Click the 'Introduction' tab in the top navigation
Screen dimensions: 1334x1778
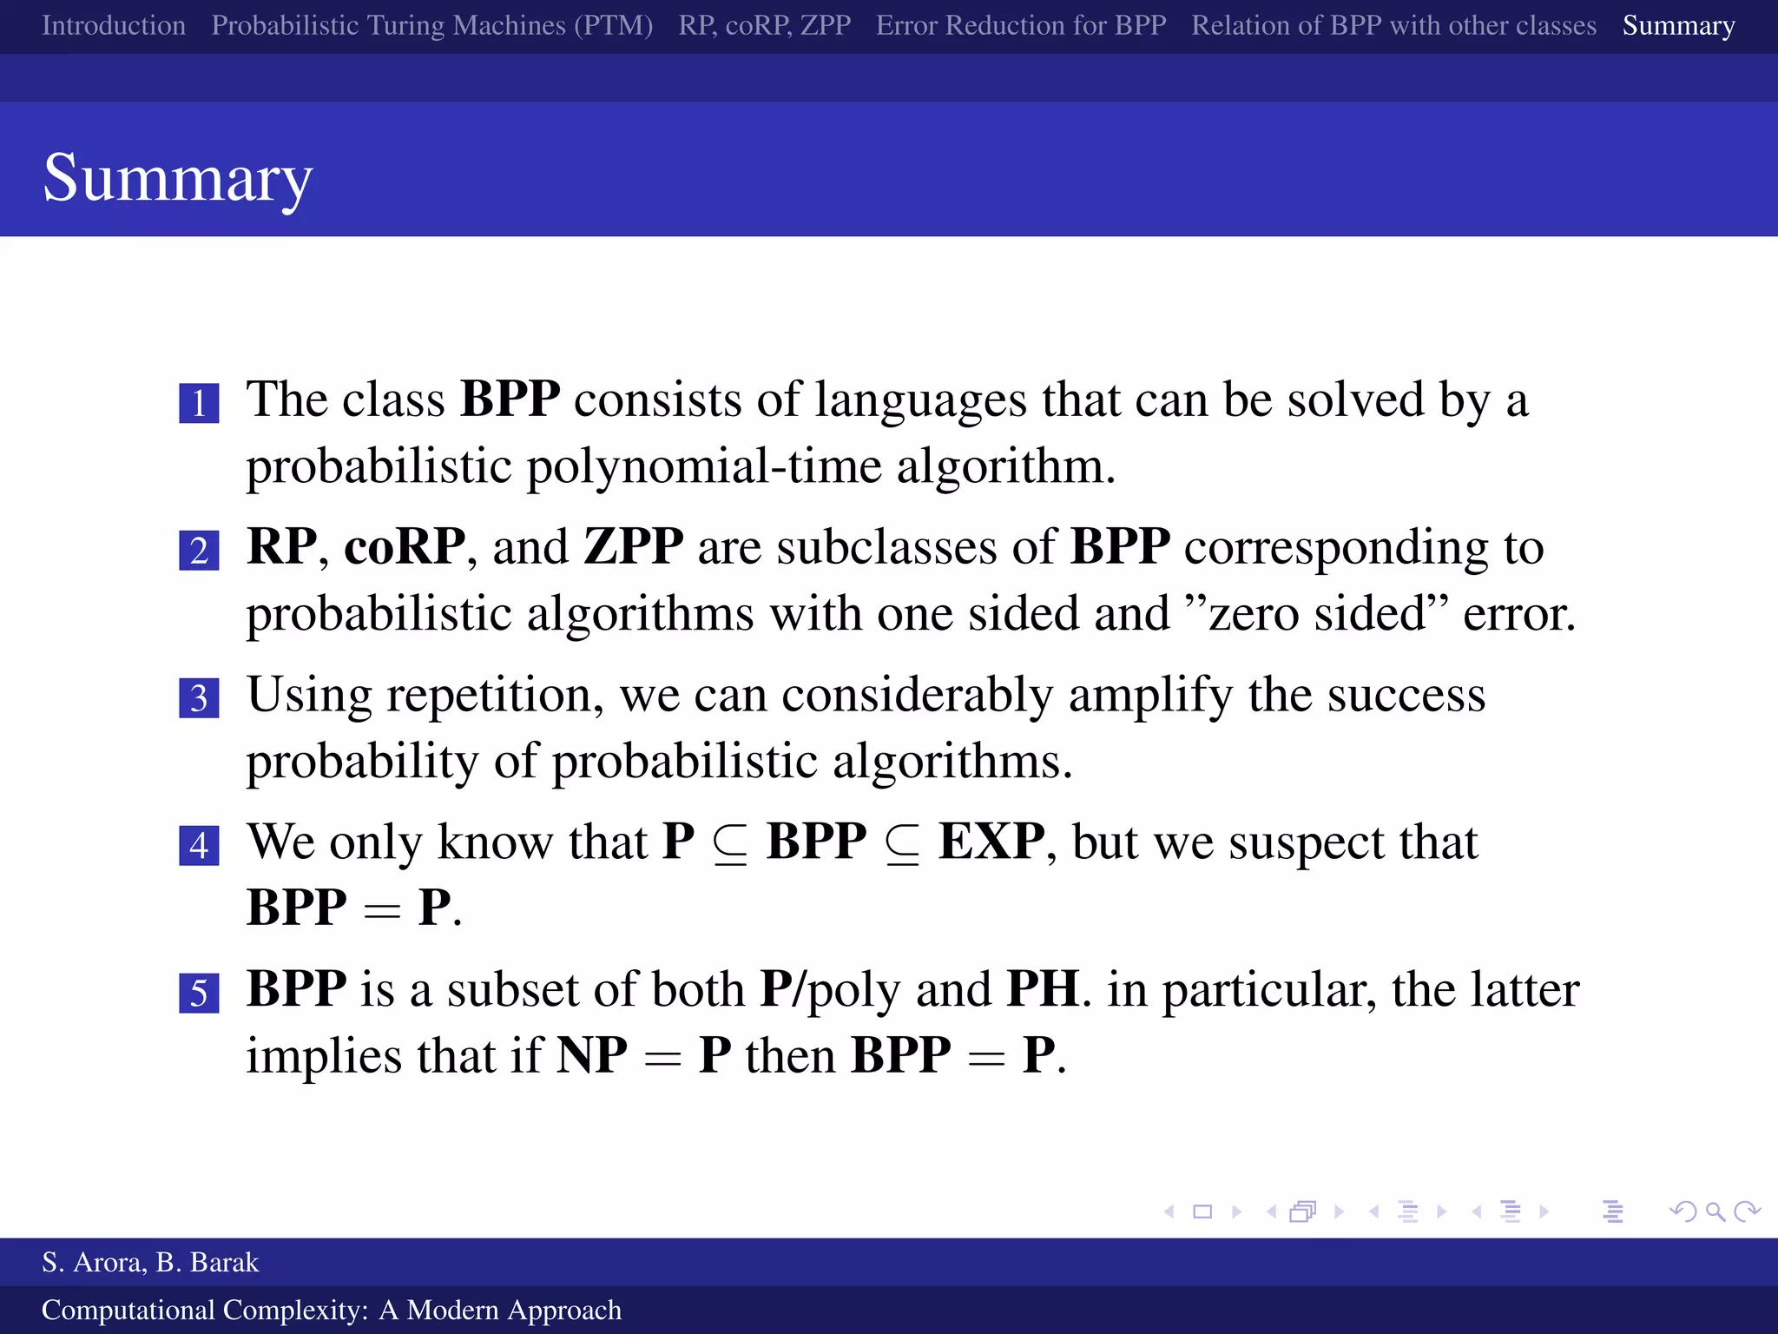(x=114, y=25)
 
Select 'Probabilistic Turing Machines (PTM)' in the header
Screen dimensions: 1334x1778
(x=431, y=25)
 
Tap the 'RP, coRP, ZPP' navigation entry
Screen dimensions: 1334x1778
(x=764, y=25)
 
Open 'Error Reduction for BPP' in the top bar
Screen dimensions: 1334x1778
(x=1021, y=25)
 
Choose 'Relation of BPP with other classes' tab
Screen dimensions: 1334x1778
(x=1393, y=25)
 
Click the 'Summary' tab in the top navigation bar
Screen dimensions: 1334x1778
(x=1678, y=25)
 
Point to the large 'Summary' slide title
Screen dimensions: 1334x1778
(x=178, y=178)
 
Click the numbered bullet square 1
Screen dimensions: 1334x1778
(x=199, y=403)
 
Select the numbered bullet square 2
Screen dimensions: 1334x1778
(x=199, y=551)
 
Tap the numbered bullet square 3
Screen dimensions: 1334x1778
(x=199, y=697)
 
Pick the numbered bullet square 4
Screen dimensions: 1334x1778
(x=199, y=845)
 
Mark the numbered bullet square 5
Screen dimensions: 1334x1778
(x=199, y=992)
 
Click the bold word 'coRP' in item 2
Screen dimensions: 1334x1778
(x=405, y=547)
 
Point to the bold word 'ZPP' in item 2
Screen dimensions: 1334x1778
(x=634, y=547)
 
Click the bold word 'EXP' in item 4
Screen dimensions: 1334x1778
(x=991, y=842)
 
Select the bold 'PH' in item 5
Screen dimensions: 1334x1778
(x=1043, y=989)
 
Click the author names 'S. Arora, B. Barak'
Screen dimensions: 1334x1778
(x=150, y=1262)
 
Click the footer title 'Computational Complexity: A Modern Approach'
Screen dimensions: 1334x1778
(x=332, y=1310)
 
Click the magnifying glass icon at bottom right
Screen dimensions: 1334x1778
(x=1715, y=1211)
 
